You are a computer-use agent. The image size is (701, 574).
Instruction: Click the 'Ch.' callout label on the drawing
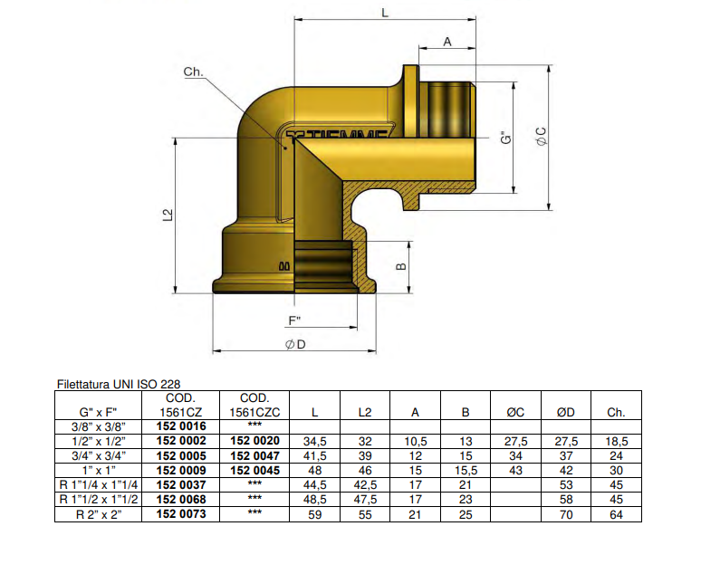click(194, 72)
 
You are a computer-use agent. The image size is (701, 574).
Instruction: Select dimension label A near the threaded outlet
click(447, 42)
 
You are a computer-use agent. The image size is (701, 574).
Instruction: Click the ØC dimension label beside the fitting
click(541, 137)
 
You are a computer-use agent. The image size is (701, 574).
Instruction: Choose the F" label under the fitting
click(294, 320)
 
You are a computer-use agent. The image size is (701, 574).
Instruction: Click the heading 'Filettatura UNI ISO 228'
click(124, 384)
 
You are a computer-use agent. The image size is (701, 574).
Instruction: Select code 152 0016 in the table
click(181, 426)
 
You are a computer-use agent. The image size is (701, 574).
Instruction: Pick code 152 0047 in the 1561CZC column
click(254, 455)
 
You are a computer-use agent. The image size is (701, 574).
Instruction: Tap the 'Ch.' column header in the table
click(615, 412)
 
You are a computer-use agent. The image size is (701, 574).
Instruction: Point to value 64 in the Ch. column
click(615, 513)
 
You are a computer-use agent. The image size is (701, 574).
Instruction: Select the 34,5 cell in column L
click(313, 441)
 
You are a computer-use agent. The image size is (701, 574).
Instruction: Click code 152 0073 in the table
click(181, 513)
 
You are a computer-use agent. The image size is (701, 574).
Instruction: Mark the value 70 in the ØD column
click(565, 513)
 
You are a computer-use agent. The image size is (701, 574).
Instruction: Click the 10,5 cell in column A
click(415, 441)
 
